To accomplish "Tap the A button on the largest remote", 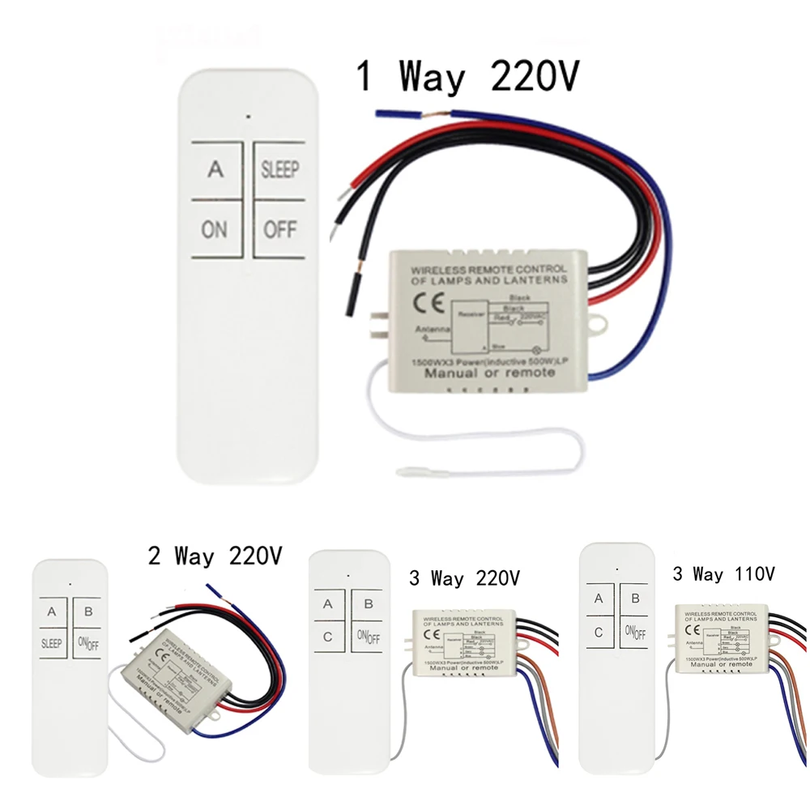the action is point(215,170).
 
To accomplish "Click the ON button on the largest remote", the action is point(215,230).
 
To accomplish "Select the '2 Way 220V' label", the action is point(215,556).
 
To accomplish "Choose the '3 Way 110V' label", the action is point(723,574).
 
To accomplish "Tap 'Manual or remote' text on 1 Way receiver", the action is point(501,373).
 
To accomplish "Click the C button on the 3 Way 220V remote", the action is point(328,637).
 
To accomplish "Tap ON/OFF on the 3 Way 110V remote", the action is point(636,633).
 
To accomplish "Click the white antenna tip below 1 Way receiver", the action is point(405,469).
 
